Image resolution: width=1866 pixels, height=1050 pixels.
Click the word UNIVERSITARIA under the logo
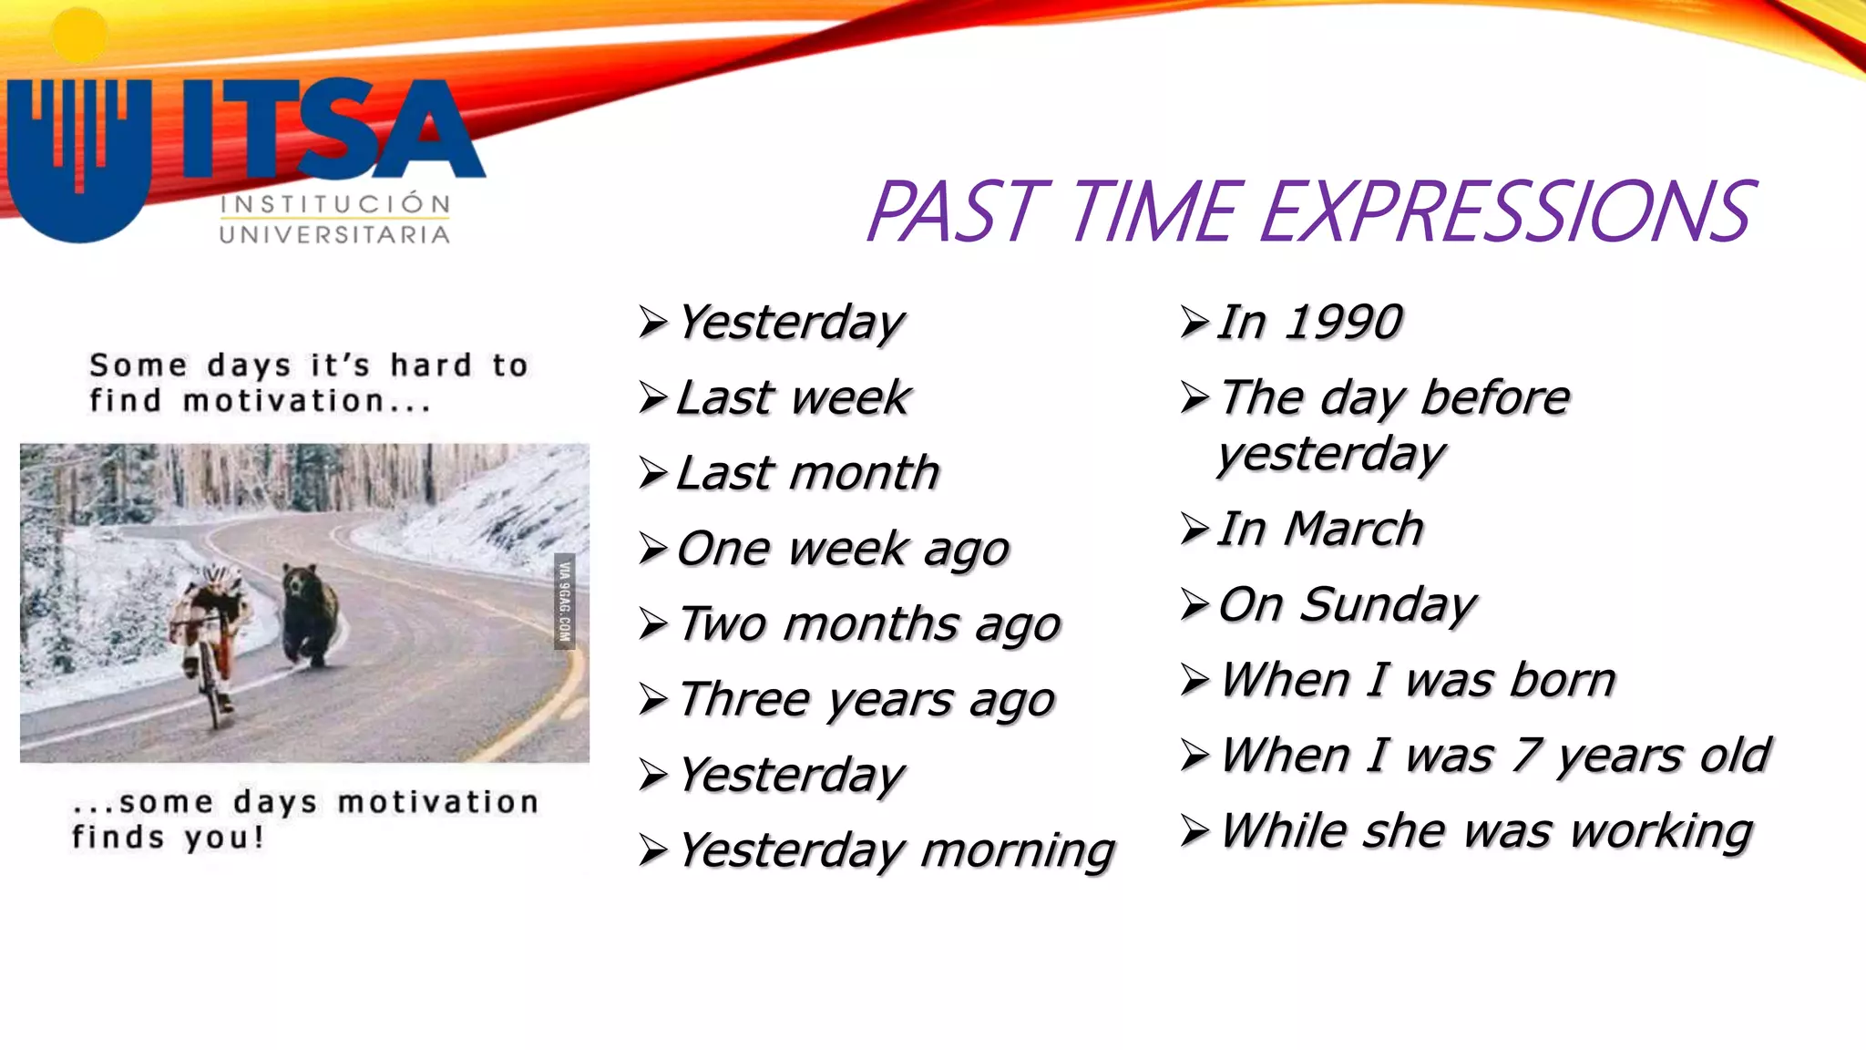tap(334, 235)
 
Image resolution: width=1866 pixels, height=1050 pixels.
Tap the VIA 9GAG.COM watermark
tap(564, 602)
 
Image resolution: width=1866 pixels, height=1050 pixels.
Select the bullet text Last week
tap(793, 397)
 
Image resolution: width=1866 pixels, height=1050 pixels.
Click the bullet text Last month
tap(807, 473)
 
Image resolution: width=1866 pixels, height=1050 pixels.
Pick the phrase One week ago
tap(843, 549)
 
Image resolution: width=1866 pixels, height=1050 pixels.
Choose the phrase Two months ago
tap(869, 624)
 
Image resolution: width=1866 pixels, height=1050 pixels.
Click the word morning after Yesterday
tap(1018, 851)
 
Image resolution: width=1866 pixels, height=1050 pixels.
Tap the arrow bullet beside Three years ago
tap(652, 700)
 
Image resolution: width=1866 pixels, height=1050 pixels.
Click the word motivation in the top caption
tap(283, 401)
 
